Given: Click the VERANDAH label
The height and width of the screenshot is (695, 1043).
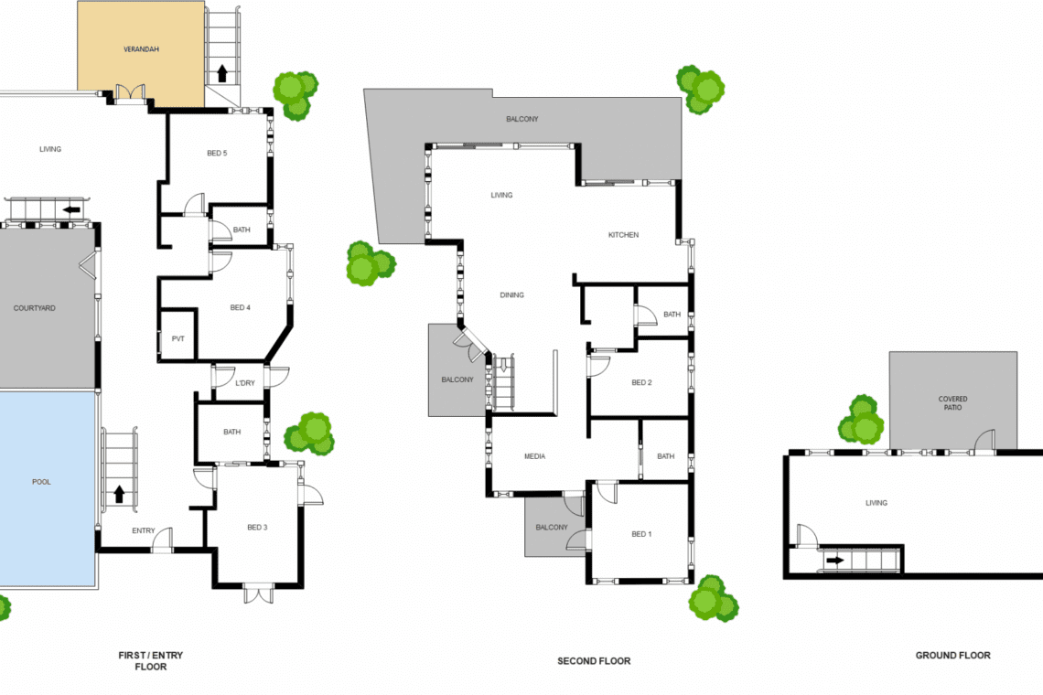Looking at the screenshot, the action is point(141,49).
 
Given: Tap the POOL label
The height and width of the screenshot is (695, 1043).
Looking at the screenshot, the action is point(41,482).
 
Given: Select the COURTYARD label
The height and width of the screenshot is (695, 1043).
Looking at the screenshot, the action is point(35,308).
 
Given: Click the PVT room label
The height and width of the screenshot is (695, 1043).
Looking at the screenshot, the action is point(178,338).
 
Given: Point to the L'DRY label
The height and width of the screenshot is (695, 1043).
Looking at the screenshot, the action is point(245,383).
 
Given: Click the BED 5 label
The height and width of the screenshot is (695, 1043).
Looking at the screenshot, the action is point(217,153).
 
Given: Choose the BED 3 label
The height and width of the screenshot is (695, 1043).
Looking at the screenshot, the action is point(257,528).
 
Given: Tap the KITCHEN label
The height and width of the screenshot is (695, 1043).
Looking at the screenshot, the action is point(623,235).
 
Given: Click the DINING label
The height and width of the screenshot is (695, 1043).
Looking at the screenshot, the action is point(512,294).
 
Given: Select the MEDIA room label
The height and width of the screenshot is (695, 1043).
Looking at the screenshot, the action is point(535,456).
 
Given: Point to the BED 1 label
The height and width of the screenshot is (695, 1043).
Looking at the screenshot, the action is point(642,534).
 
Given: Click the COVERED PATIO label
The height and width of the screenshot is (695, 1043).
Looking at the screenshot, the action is point(952,403).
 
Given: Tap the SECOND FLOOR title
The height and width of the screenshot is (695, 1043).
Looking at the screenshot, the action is point(594,661).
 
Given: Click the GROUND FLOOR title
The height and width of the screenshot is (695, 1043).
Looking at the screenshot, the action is point(953,655).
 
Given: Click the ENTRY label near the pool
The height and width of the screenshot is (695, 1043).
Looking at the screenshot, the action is point(144,530).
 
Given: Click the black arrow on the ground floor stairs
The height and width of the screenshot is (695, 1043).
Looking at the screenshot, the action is point(834,560).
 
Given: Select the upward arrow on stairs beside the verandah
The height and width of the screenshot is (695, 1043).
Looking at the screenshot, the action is point(222,72).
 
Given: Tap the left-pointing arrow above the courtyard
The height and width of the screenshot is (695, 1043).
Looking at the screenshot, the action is point(71,210).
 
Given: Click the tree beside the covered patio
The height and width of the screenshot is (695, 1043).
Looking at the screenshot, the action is point(861,420).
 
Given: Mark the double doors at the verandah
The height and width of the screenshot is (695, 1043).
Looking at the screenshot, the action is point(130,94).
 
